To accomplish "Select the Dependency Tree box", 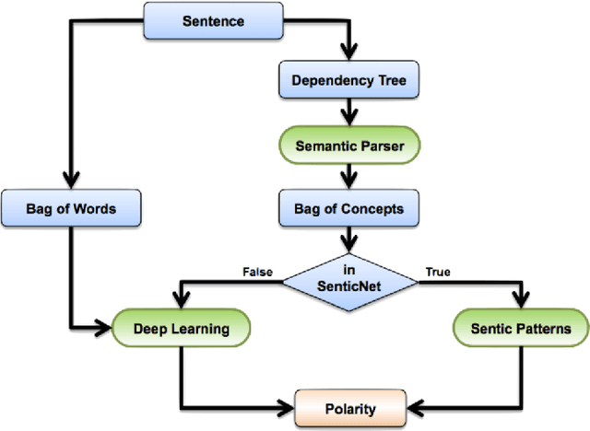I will coord(348,80).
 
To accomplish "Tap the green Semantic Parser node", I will coord(348,145).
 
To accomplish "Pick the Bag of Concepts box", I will coord(348,208).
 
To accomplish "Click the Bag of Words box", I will coord(71,208).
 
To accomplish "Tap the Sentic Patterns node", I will coord(521,328).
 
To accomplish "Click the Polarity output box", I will coord(348,404).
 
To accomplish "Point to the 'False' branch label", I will coord(257,272).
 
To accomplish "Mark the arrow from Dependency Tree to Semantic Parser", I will coord(348,118).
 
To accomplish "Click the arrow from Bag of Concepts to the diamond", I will coord(348,243).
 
